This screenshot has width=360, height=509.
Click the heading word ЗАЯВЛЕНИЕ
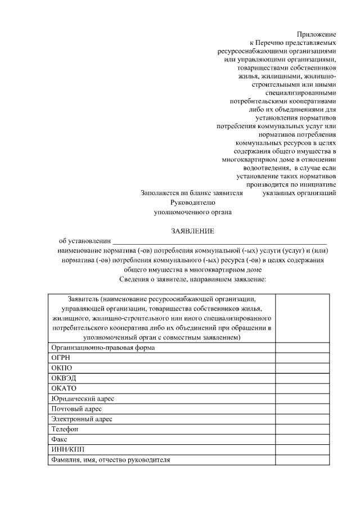192,231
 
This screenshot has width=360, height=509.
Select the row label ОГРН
61,358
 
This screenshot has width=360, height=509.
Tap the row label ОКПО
61,368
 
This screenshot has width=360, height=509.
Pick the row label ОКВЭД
63,378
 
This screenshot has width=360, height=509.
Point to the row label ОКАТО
64,388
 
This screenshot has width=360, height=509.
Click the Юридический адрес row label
83,398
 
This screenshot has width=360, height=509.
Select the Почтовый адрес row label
76,408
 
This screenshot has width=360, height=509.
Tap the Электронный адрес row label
82,419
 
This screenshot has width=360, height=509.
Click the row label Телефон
65,429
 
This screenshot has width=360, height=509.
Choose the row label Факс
60,439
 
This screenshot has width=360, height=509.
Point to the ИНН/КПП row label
66,449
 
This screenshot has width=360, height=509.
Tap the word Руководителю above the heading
192,202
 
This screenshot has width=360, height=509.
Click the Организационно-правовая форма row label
103,348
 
